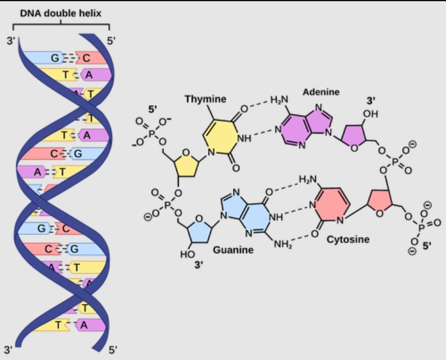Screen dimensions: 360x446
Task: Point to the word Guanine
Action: click(233, 250)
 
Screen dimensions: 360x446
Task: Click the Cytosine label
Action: click(347, 239)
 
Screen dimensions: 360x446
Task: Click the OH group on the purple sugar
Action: click(371, 113)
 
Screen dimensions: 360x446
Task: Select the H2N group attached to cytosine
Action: click(307, 179)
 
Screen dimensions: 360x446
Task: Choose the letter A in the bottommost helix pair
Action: click(84, 324)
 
